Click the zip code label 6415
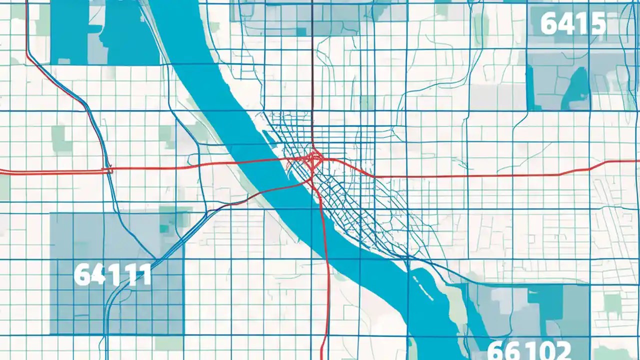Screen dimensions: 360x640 573,24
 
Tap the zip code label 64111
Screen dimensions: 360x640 112,274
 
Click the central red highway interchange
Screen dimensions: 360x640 313,159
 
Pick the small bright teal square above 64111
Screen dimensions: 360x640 164,228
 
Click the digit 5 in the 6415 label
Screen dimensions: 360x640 597,24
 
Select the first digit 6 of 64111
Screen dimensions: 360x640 82,274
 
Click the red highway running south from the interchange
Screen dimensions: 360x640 326,260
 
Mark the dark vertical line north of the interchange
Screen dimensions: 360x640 312,75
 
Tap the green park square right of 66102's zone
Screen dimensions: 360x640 612,302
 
